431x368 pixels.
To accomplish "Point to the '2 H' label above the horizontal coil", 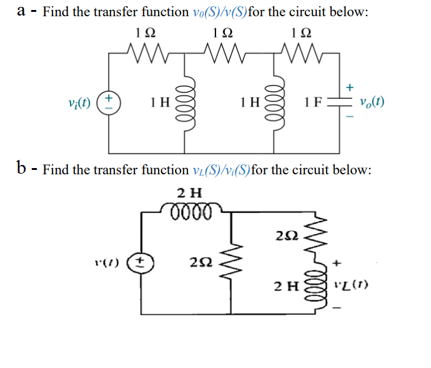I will [x=189, y=192].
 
